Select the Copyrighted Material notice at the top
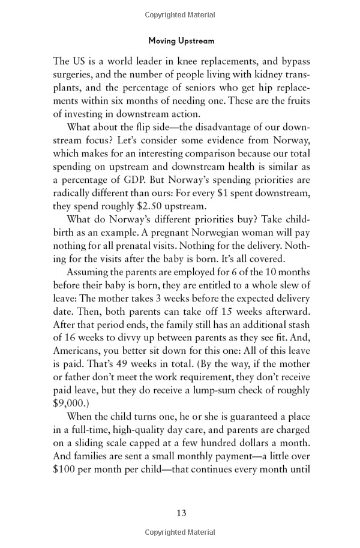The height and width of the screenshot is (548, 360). click(x=181, y=12)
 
